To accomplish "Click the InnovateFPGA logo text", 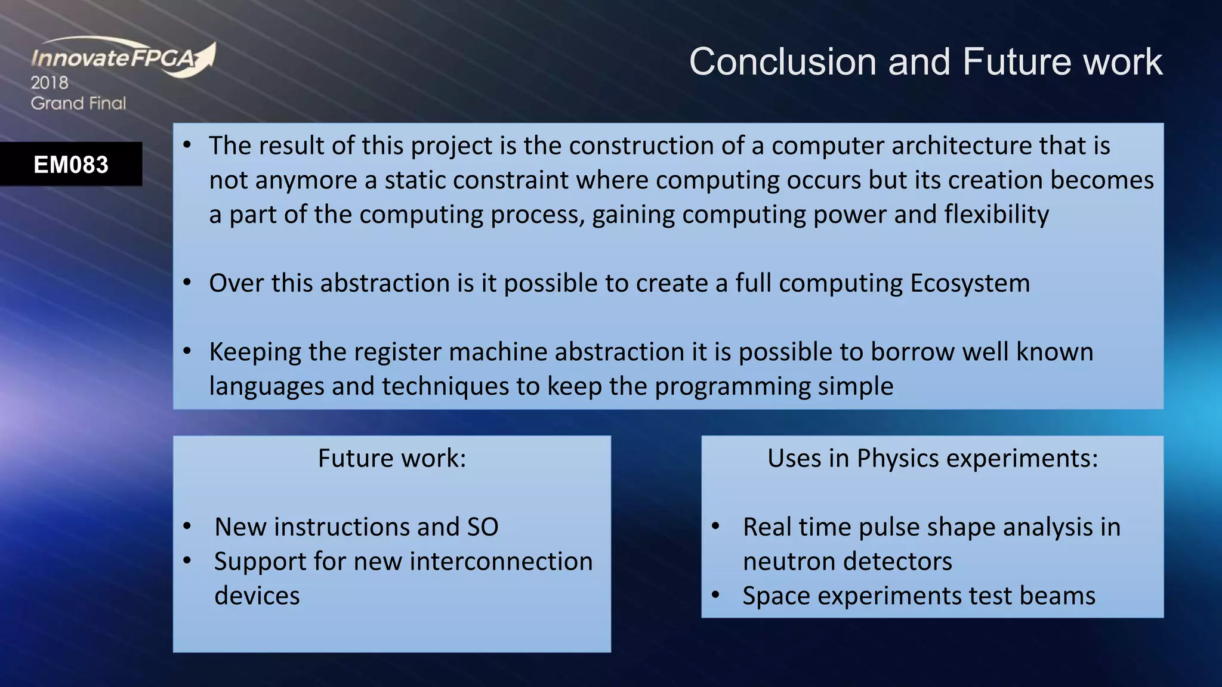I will point(113,58).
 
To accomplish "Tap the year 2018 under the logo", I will point(50,83).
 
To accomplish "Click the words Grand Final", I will point(78,103).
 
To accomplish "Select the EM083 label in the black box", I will point(71,165).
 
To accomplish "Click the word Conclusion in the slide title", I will point(783,61).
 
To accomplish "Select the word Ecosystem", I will point(970,283).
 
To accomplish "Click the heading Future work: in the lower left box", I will point(391,459).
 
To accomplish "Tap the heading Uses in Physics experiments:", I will point(932,459).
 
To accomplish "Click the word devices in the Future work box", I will point(257,596).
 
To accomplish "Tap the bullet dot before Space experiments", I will point(716,595).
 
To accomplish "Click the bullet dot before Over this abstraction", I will point(187,282).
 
